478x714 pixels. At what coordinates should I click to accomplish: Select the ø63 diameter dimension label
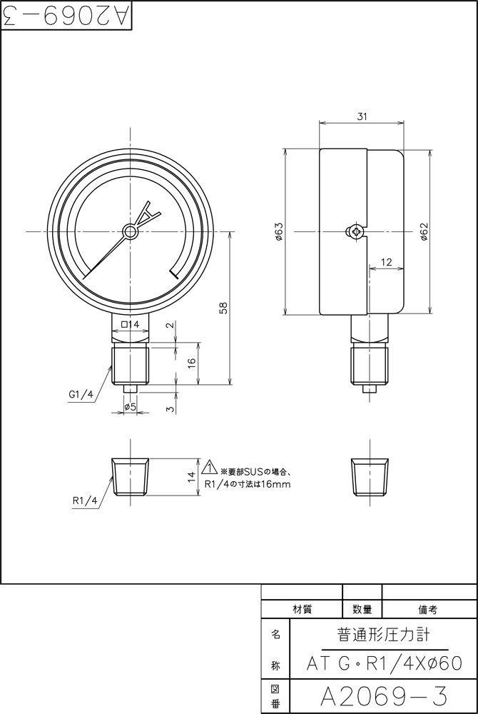(x=279, y=231)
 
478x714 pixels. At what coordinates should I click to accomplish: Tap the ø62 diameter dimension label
(x=423, y=231)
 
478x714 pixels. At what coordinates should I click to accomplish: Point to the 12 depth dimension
(x=386, y=262)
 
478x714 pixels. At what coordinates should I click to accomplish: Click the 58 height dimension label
(x=223, y=308)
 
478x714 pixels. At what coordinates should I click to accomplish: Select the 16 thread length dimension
(x=191, y=362)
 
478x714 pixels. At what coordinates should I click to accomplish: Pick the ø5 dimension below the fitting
(x=130, y=406)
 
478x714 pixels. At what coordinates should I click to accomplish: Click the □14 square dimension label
(x=130, y=324)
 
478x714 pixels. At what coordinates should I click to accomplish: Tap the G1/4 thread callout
(x=81, y=393)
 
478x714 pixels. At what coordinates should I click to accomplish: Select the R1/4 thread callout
(x=84, y=501)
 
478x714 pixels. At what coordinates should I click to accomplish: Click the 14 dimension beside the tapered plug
(x=191, y=478)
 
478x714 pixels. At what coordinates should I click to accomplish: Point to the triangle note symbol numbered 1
(x=209, y=468)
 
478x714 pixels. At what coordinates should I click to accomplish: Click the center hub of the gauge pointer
(x=130, y=231)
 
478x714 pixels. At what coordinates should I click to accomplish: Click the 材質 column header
(x=302, y=609)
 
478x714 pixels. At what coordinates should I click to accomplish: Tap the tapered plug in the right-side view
(x=370, y=477)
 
